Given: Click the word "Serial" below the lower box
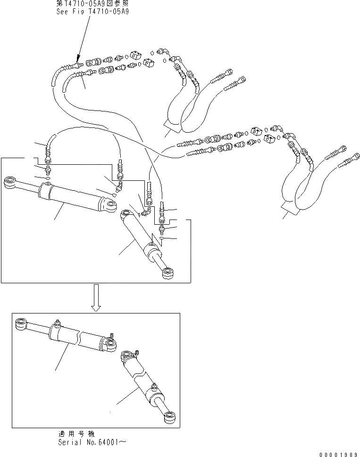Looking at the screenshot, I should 69,442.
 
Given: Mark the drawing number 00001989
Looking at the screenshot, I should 339,454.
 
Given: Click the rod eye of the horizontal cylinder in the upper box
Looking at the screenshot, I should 11,183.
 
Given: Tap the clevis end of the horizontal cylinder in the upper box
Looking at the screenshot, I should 109,205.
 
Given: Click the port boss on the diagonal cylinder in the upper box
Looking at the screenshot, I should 152,245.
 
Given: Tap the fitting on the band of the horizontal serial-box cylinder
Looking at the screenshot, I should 58,324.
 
